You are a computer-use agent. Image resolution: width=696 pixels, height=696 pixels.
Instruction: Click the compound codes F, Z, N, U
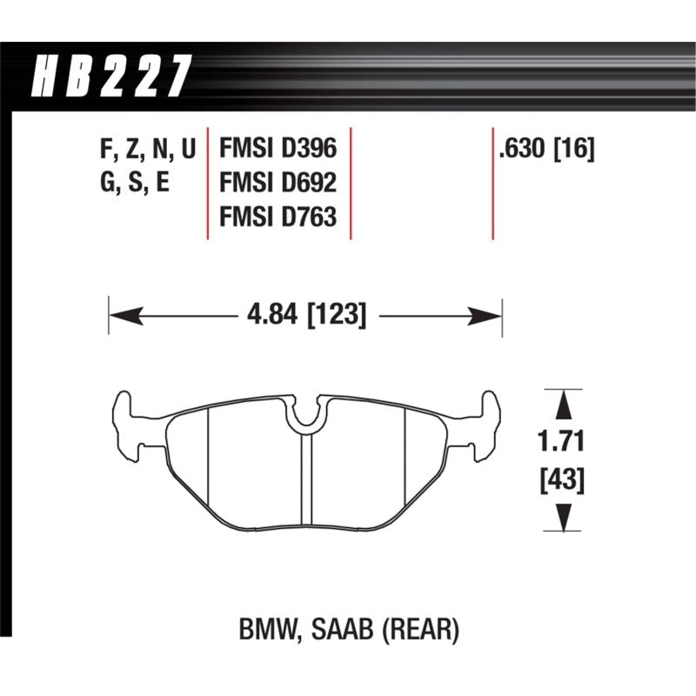tap(149, 151)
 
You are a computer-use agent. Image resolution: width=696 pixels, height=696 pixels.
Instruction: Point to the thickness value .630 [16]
tap(545, 151)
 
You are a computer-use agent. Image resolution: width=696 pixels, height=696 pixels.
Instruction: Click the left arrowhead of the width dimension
tap(123, 313)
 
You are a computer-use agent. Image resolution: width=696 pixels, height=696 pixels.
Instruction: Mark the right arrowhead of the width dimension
tap(487, 313)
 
